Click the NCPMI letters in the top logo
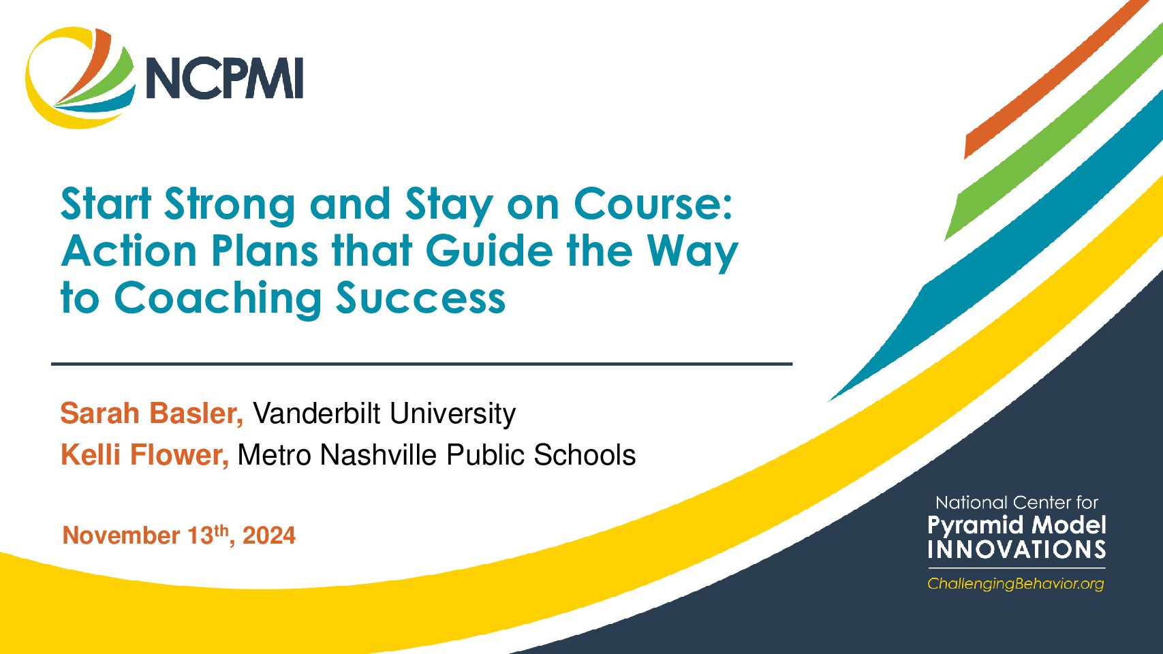(x=223, y=78)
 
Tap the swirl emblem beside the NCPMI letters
(x=80, y=78)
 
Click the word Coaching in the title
(x=218, y=298)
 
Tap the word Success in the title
(x=421, y=298)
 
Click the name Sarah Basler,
(x=152, y=414)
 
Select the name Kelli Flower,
(x=145, y=455)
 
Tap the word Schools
(x=585, y=455)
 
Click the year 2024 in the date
(x=269, y=535)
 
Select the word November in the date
(x=121, y=535)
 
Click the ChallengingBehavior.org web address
(x=1016, y=584)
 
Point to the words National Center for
(x=1017, y=503)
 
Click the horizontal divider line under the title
(x=422, y=364)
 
